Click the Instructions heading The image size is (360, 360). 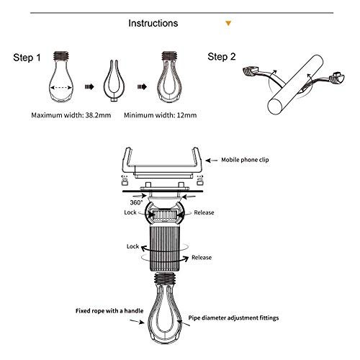point(153,23)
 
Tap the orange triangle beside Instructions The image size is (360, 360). point(228,23)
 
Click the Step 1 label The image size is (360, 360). point(27,58)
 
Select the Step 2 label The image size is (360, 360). point(222,57)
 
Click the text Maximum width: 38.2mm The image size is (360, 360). point(71,115)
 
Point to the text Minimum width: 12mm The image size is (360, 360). point(160,115)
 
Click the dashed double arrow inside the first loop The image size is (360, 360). point(61,88)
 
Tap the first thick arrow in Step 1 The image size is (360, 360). point(89,86)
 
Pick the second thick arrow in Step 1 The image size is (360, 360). point(142,86)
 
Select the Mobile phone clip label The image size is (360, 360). point(245,160)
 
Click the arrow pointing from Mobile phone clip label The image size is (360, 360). point(212,160)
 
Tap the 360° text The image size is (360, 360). point(136,202)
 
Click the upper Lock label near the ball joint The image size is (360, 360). point(130,212)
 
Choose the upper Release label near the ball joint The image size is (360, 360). point(204,212)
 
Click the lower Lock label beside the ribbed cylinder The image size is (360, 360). point(132,246)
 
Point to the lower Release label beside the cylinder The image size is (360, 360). point(202,258)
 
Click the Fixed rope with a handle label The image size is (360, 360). point(109,311)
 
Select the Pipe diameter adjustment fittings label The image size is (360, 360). point(233,318)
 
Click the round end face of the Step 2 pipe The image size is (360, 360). point(275,106)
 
